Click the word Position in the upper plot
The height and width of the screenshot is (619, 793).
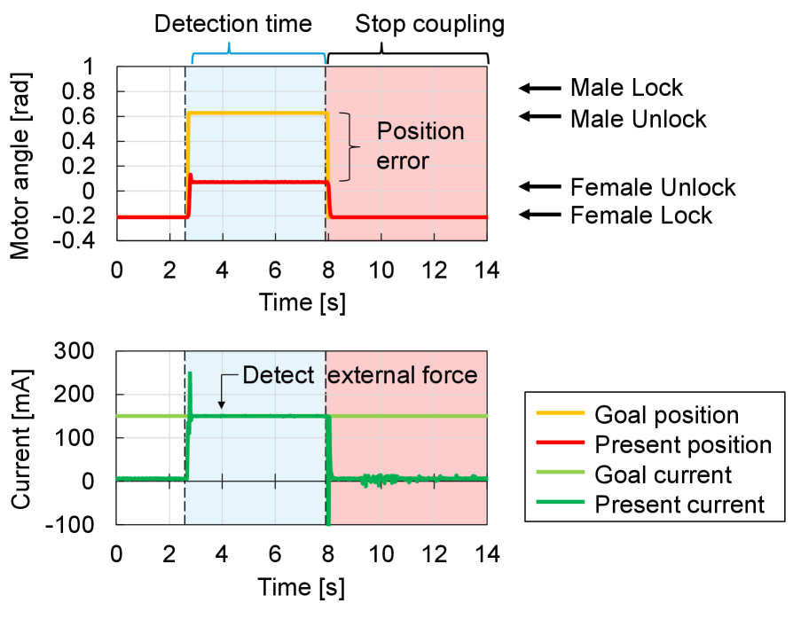tap(420, 131)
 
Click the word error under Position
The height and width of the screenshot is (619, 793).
tap(403, 161)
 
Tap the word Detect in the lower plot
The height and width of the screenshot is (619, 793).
tap(278, 375)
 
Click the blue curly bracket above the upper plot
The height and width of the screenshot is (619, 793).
tap(259, 57)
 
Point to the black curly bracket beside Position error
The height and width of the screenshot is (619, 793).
tap(352, 147)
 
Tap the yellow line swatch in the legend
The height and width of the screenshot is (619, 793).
tap(560, 412)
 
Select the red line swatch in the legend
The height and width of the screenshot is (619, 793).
tap(560, 442)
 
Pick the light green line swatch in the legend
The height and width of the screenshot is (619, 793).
tap(560, 472)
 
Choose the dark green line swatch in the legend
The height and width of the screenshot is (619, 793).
tap(560, 502)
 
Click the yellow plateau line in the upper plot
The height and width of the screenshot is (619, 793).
tap(257, 114)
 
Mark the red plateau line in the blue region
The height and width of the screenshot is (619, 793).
tap(257, 182)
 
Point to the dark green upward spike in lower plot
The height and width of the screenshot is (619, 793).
tap(190, 390)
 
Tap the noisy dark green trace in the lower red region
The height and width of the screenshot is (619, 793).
tap(381, 479)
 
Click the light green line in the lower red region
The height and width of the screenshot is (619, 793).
tap(408, 416)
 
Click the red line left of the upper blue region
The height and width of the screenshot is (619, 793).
tap(151, 216)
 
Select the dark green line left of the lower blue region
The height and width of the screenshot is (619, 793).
tap(151, 478)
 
